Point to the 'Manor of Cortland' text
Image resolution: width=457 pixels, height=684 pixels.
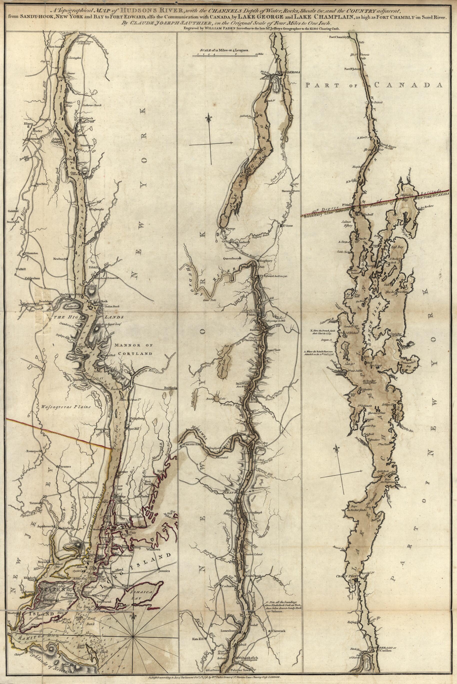point(133,349)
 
